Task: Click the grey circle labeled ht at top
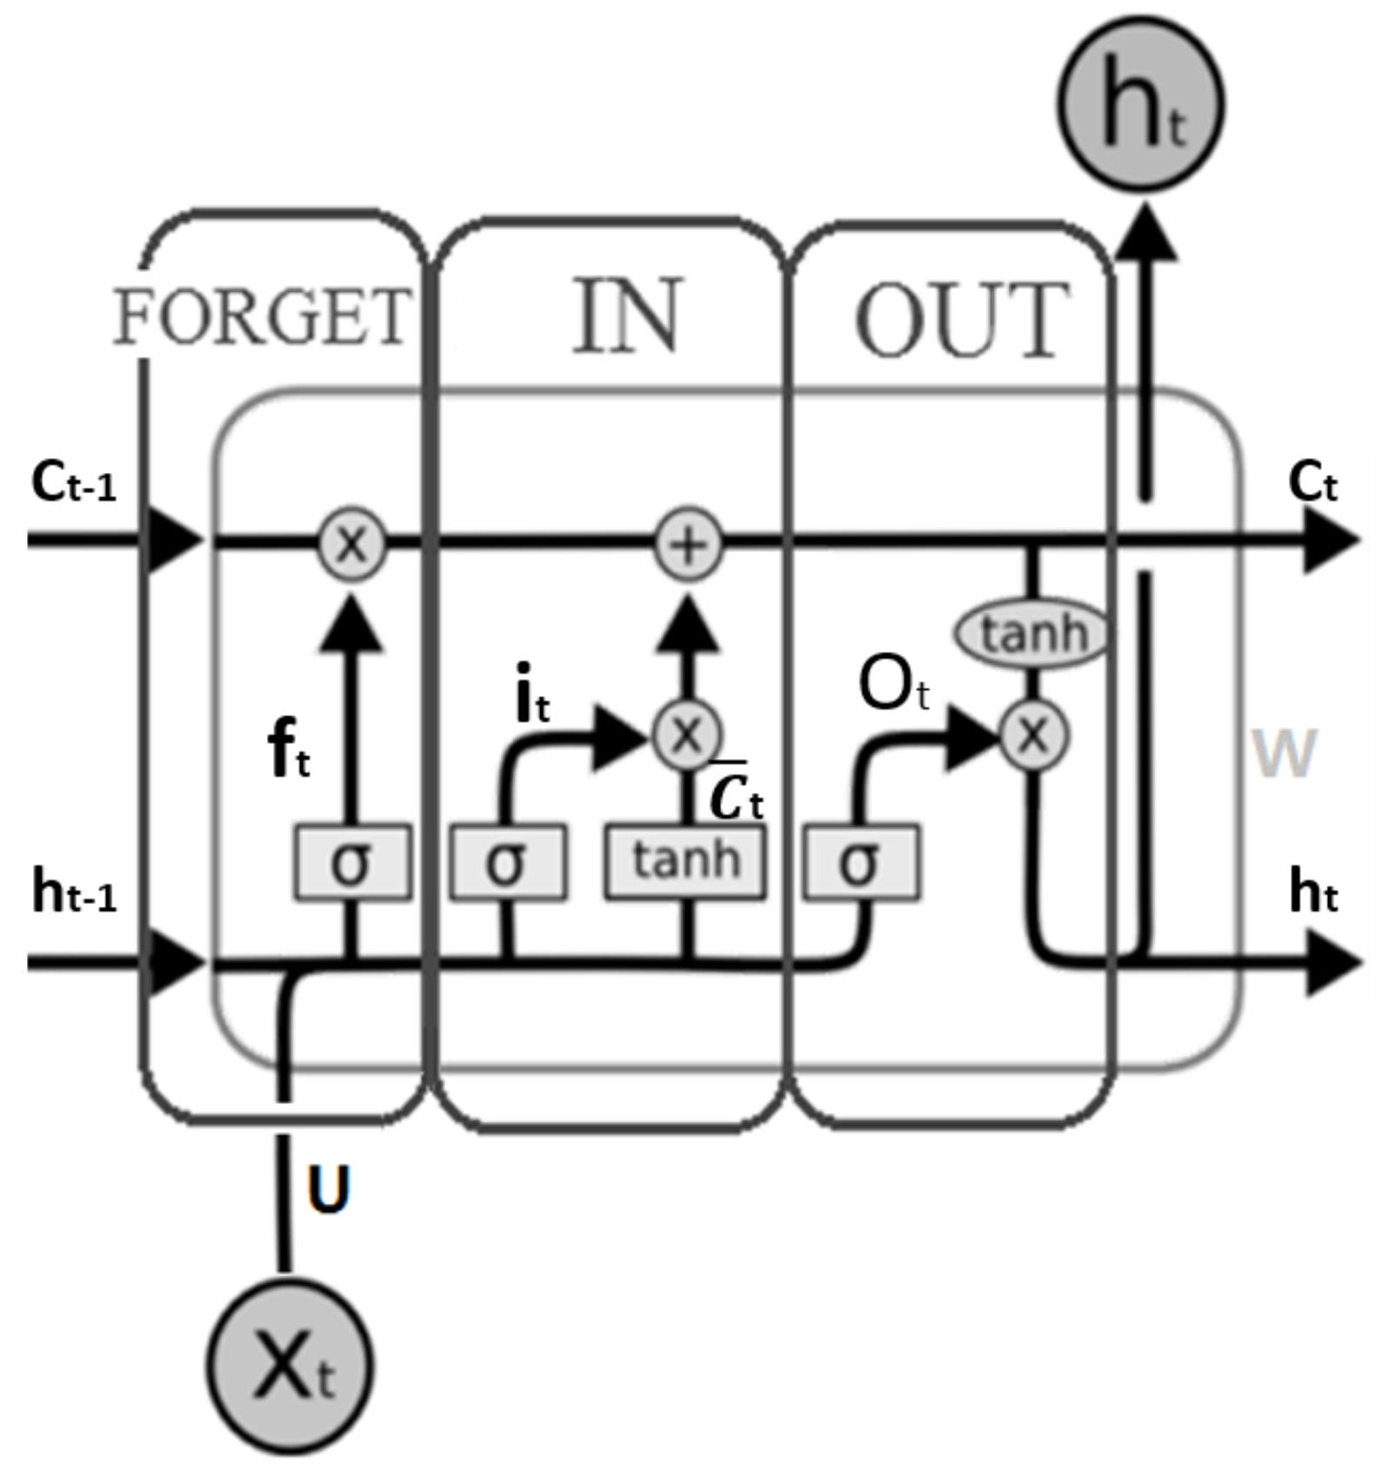pos(1140,105)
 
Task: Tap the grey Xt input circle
pos(290,1368)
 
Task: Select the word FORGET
pos(262,316)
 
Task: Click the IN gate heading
pos(626,316)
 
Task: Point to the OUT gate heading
pos(962,320)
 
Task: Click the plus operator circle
pos(688,545)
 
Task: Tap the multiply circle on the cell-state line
pos(351,545)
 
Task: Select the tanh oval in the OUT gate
pos(1032,633)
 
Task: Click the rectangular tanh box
pos(685,862)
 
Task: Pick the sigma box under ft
pos(352,862)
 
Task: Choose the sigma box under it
pos(508,862)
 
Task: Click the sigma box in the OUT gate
pos(860,862)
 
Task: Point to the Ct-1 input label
pos(73,483)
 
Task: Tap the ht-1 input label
pos(73,893)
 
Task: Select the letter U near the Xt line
pos(329,1189)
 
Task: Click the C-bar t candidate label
pos(735,794)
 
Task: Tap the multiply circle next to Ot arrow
pos(1032,736)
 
